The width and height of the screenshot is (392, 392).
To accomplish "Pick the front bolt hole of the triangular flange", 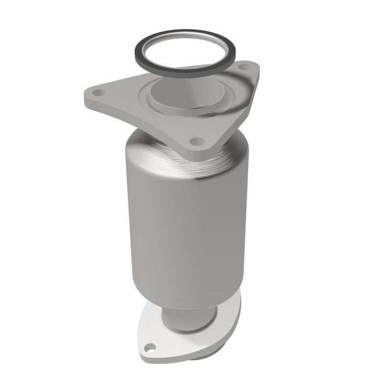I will [196, 142].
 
